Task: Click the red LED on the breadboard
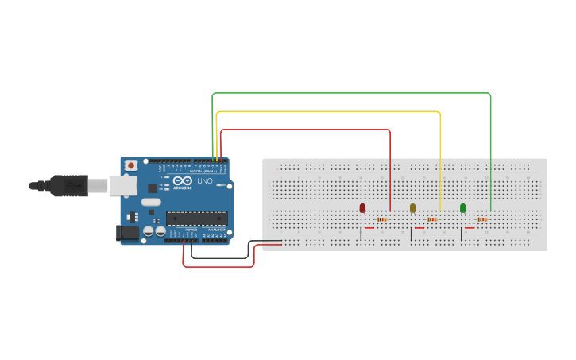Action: pos(362,208)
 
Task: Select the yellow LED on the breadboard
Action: pos(412,208)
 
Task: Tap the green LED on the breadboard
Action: pos(463,208)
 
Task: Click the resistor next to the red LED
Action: pos(381,219)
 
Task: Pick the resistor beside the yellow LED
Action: pos(431,219)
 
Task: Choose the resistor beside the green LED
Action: pos(481,219)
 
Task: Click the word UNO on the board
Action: pos(204,181)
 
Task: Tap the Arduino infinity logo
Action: pos(181,180)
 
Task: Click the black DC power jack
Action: pos(126,233)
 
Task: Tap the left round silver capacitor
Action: pos(149,231)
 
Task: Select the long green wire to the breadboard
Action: pos(350,93)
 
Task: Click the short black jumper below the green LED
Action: pos(461,234)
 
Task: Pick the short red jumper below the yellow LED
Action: pos(419,228)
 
